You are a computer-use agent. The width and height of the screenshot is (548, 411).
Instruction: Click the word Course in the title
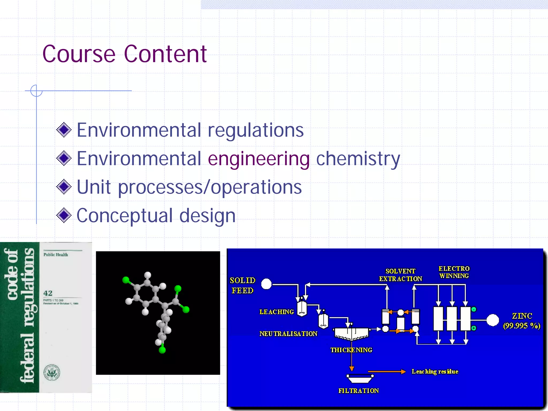pos(79,54)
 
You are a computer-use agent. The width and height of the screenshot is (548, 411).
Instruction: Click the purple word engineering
pos(258,159)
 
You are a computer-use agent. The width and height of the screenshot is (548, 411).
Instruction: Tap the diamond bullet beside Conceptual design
pos(64,215)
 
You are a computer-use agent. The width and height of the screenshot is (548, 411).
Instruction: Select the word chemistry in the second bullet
pos(358,159)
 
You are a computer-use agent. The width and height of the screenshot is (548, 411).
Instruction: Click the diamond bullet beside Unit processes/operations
pos(64,187)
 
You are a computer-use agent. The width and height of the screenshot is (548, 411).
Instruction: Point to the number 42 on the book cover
pos(48,293)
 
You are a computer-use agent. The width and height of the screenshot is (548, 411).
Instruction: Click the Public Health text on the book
pos(56,255)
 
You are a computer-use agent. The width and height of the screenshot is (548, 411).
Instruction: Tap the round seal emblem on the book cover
pos(52,372)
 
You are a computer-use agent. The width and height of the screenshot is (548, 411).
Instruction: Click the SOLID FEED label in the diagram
pos(242,286)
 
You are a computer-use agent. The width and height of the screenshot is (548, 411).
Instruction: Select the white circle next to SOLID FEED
pos(266,284)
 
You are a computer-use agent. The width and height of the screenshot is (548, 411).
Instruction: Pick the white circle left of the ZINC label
pos(493,320)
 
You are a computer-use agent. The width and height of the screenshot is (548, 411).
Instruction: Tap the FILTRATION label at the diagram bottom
pos(359,391)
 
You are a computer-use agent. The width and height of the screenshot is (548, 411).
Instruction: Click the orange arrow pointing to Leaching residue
pos(387,371)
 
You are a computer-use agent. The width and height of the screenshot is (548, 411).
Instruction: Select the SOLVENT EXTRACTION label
pos(401,275)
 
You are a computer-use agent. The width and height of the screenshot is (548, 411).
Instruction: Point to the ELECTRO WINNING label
pos(454,272)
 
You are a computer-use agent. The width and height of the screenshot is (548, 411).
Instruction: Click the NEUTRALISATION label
pos(288,334)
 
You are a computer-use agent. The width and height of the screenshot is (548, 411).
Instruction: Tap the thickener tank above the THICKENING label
pos(351,333)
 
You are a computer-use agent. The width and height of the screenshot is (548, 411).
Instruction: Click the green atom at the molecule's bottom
pos(162,350)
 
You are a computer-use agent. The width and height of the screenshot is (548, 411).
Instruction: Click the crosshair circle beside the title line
pos(36,91)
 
